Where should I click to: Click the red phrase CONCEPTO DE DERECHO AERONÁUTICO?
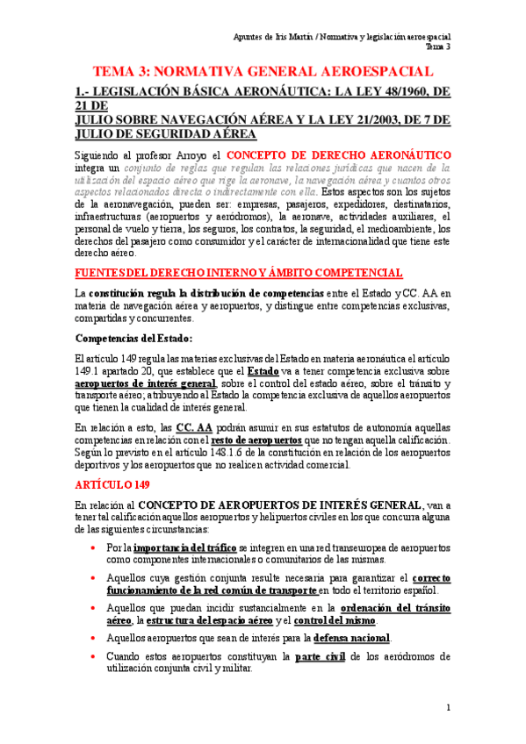pos(339,154)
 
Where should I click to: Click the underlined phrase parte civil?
pos(321,656)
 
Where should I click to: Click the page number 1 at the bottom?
pos(448,708)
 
